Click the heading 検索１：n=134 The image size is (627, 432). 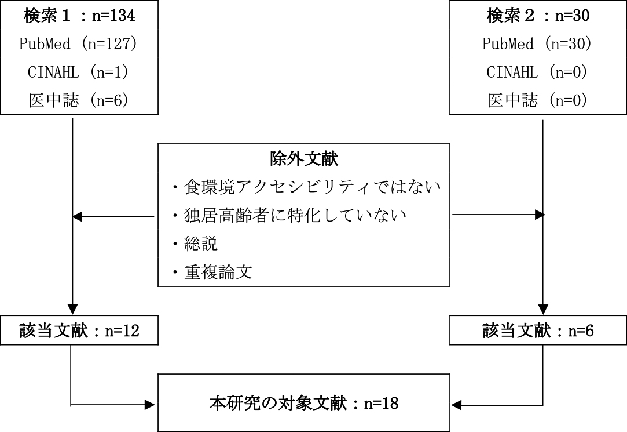(79, 16)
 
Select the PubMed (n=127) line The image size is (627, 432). (78, 43)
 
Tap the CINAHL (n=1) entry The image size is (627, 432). (78, 72)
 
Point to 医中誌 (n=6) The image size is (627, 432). (78, 100)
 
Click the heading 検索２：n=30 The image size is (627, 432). (538, 16)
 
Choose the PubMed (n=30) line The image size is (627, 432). (537, 43)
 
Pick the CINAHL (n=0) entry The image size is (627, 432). (537, 72)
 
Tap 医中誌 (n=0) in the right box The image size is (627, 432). (537, 100)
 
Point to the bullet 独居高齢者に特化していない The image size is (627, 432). (289, 215)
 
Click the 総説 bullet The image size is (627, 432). (195, 244)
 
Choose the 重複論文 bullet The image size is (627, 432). (212, 273)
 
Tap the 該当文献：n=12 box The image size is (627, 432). (79, 331)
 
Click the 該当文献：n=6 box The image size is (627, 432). (538, 331)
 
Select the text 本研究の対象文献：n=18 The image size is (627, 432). (304, 403)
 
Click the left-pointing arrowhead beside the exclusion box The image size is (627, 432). (77, 217)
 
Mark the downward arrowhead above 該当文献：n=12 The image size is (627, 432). (72, 310)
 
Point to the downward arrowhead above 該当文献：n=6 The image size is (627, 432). (542, 310)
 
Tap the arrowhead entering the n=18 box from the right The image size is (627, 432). (456, 405)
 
